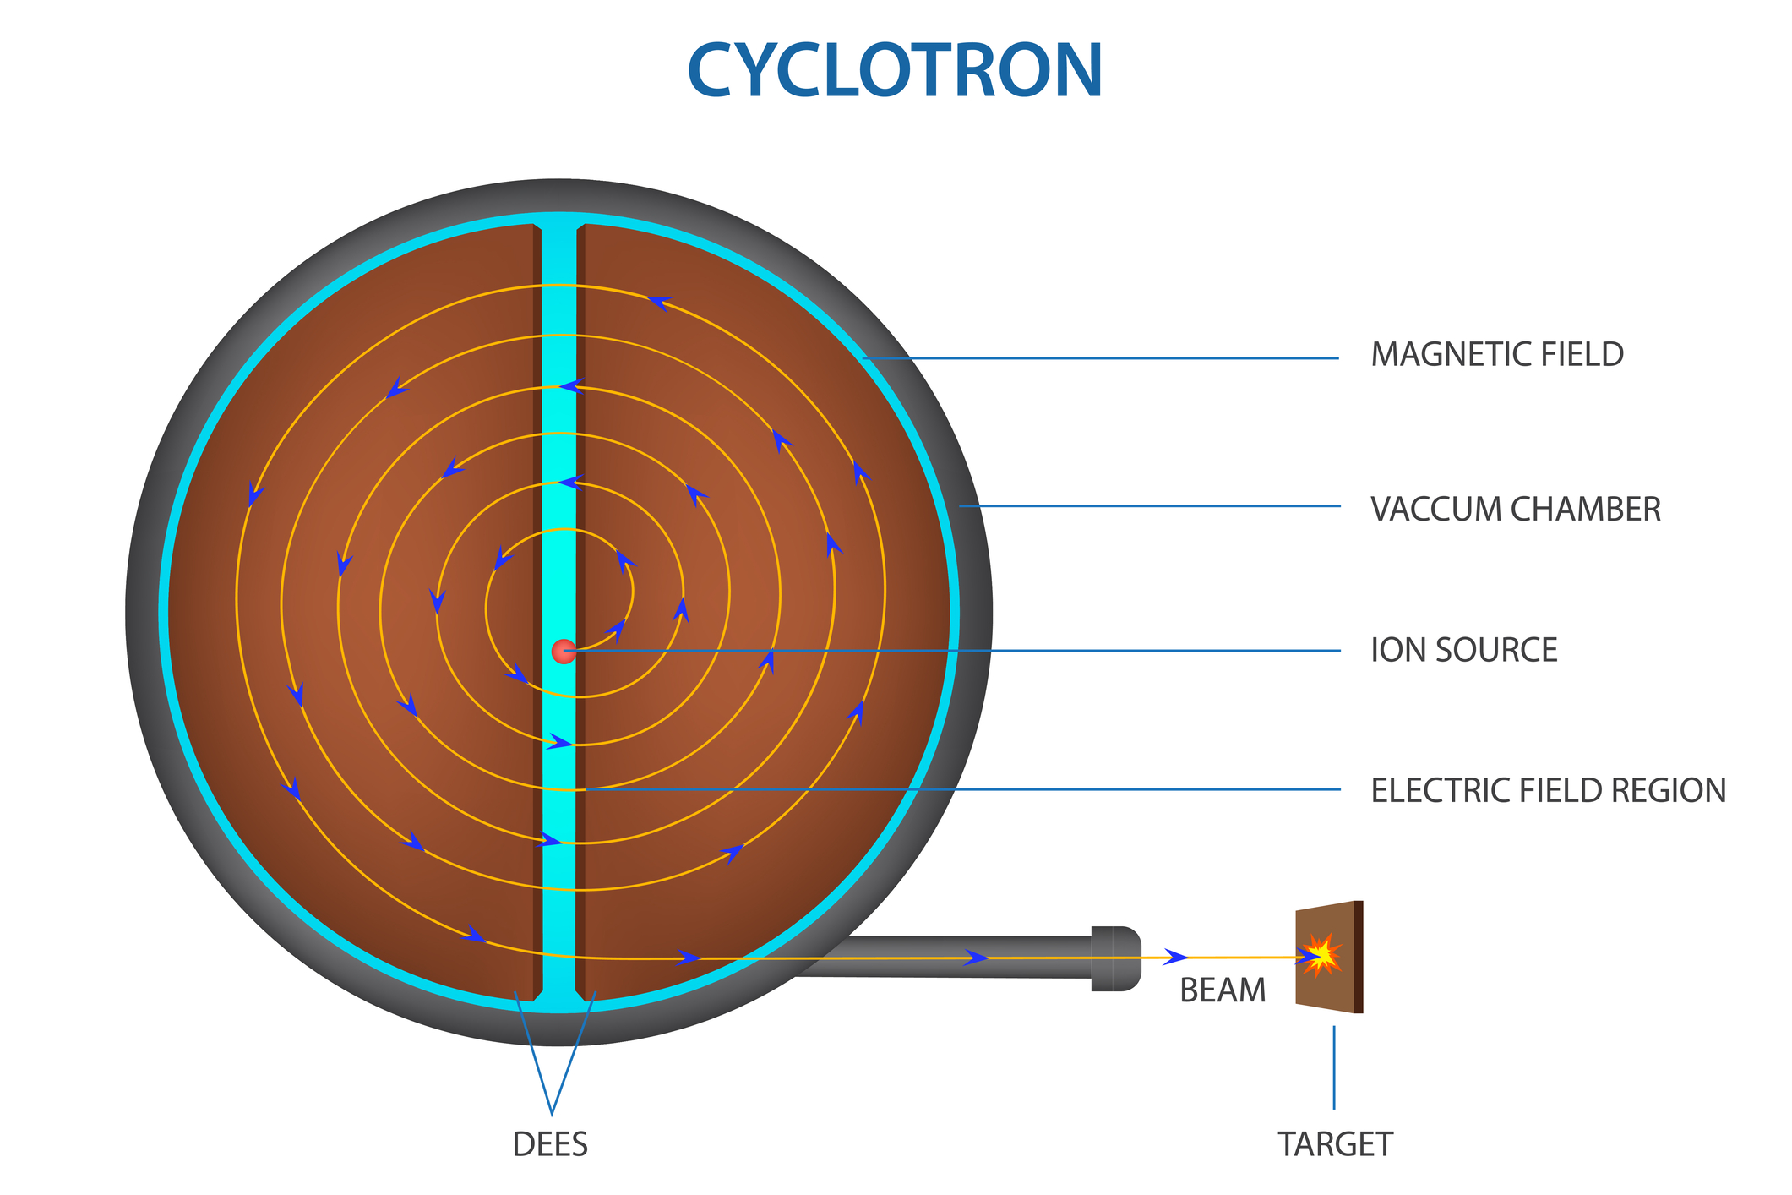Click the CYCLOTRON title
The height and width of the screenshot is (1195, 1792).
click(x=896, y=71)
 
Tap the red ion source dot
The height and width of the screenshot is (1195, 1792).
click(x=564, y=652)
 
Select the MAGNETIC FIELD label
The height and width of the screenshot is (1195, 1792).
click(x=1497, y=355)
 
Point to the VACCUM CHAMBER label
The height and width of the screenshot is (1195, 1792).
click(x=1516, y=510)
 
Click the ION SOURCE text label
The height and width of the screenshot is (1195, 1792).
click(x=1464, y=650)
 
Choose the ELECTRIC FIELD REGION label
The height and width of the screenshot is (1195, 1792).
click(x=1549, y=790)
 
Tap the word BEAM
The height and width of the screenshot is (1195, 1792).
click(x=1223, y=990)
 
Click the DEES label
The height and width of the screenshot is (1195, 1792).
click(x=550, y=1144)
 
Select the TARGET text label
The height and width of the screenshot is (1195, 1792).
click(x=1335, y=1144)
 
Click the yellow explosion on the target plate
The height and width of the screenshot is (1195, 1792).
click(x=1321, y=955)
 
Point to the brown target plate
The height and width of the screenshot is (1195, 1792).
click(x=1329, y=957)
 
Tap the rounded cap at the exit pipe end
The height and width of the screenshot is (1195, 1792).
click(x=1116, y=958)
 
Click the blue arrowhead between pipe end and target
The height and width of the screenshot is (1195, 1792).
click(x=1176, y=957)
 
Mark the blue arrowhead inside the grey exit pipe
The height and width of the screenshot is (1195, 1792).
click(x=977, y=958)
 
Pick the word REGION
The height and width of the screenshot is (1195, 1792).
click(x=1669, y=790)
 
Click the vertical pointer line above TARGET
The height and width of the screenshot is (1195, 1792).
click(x=1334, y=1067)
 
